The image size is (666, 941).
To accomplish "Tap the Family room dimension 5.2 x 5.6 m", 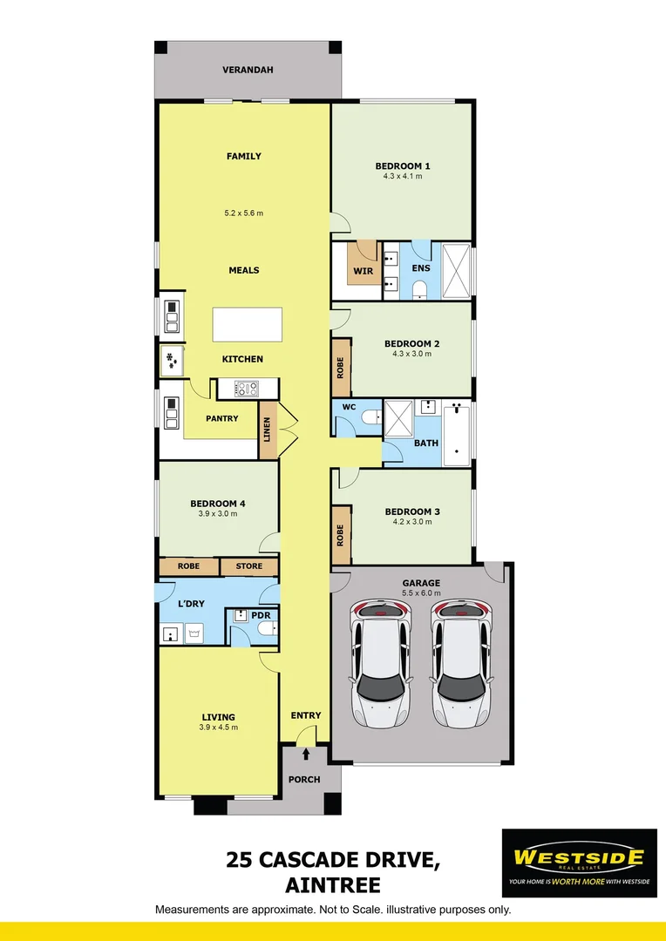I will click(x=243, y=213).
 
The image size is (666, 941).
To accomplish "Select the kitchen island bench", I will click(x=248, y=325).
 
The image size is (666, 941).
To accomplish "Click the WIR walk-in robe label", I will click(x=363, y=272).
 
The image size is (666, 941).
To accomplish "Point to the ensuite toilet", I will click(x=420, y=288).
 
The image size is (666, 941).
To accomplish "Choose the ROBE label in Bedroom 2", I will click(x=340, y=369).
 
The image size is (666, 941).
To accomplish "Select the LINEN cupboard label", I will click(x=268, y=431).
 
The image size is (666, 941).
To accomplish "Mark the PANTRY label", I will click(x=222, y=419).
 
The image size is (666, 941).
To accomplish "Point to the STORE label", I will click(x=248, y=566).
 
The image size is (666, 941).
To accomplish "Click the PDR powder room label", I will click(x=260, y=614).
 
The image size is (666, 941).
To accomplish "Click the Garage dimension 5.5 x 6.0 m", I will click(x=421, y=593).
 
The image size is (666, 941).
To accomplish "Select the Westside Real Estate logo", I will click(x=579, y=863).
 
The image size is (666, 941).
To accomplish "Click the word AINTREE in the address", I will click(x=333, y=885).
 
